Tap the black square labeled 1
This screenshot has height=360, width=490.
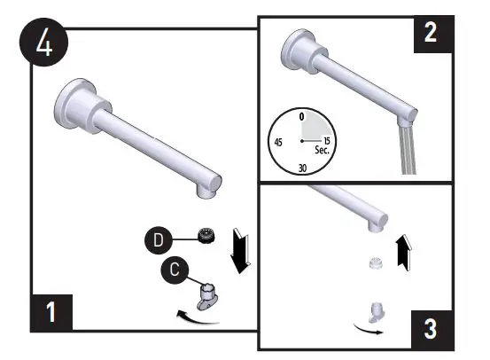tap(52, 313)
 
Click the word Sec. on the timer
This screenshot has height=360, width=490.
tap(322, 152)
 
